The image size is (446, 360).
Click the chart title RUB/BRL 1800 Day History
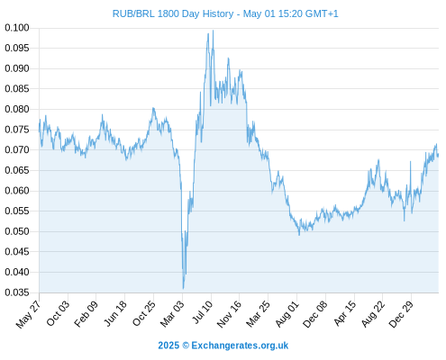[x=173, y=13]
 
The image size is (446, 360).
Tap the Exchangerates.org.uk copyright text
[x=223, y=346]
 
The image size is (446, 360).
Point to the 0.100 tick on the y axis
[x=17, y=28]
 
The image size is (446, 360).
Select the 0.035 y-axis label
[x=17, y=292]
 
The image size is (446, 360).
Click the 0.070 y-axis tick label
[x=17, y=149]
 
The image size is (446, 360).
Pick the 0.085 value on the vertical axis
[x=17, y=89]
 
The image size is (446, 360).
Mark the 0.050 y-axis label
[x=17, y=231]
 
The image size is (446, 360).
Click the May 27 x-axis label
[x=28, y=314]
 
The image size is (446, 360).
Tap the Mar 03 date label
[x=172, y=314]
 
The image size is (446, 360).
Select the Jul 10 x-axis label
[x=203, y=312]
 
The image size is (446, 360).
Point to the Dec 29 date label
[x=401, y=314]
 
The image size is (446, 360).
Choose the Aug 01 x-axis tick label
[x=287, y=314]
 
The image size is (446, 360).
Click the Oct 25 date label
[x=144, y=313]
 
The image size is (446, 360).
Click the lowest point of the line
[x=183, y=289]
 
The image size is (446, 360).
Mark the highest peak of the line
[x=213, y=31]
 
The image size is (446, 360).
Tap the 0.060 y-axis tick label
[x=17, y=191]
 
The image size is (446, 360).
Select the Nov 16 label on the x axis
[x=229, y=314]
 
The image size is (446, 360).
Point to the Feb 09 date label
[x=86, y=313]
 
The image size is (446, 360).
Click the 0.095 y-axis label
[x=17, y=48]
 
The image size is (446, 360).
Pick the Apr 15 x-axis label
[x=344, y=313]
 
